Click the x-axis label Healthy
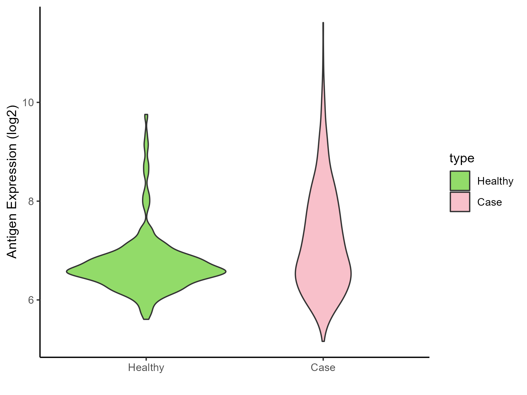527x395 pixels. [146, 367]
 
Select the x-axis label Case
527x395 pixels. [323, 367]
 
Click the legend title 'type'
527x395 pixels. [462, 158]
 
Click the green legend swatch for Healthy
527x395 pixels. [460, 181]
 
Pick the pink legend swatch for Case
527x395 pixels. [460, 202]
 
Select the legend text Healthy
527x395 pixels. [495, 181]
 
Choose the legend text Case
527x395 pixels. [490, 202]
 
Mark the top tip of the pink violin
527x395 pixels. [323, 23]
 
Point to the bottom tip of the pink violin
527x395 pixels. [323, 341]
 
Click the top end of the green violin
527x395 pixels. [146, 115]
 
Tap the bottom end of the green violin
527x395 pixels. [146, 319]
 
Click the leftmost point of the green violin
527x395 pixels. [67, 272]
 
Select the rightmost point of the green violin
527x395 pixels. [226, 272]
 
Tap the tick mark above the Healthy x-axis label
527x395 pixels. [146, 359]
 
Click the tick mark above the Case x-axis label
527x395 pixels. [323, 359]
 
